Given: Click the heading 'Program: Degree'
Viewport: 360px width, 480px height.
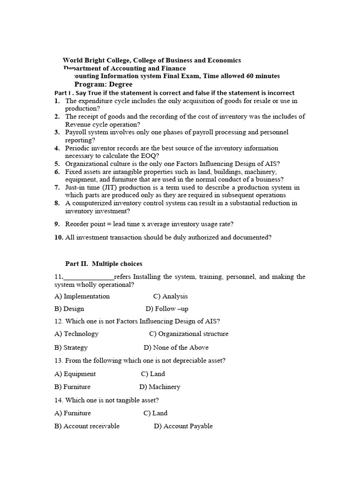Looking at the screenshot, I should point(103,84).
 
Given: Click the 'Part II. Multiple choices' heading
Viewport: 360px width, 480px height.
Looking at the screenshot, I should point(104,264).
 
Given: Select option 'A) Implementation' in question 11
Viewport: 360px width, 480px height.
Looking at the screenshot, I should point(82,296).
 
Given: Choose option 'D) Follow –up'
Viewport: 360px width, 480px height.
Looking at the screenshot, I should point(167,309).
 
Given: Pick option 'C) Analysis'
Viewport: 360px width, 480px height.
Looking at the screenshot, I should point(170,296).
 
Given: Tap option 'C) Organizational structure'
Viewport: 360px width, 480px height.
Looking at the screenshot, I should point(189,334).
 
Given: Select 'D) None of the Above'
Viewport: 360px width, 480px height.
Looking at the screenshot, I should point(176,347).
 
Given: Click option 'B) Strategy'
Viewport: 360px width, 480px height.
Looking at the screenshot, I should point(71,347).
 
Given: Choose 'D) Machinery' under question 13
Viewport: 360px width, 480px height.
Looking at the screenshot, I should point(160,387).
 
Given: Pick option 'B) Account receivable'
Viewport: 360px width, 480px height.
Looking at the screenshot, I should point(87,426).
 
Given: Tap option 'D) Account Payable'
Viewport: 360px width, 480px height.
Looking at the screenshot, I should point(183,426).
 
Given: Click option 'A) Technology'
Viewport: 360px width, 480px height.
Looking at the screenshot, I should point(76,334).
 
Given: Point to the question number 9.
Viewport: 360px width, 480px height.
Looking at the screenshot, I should point(57,224).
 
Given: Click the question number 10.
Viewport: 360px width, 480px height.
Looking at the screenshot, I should point(59,237).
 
